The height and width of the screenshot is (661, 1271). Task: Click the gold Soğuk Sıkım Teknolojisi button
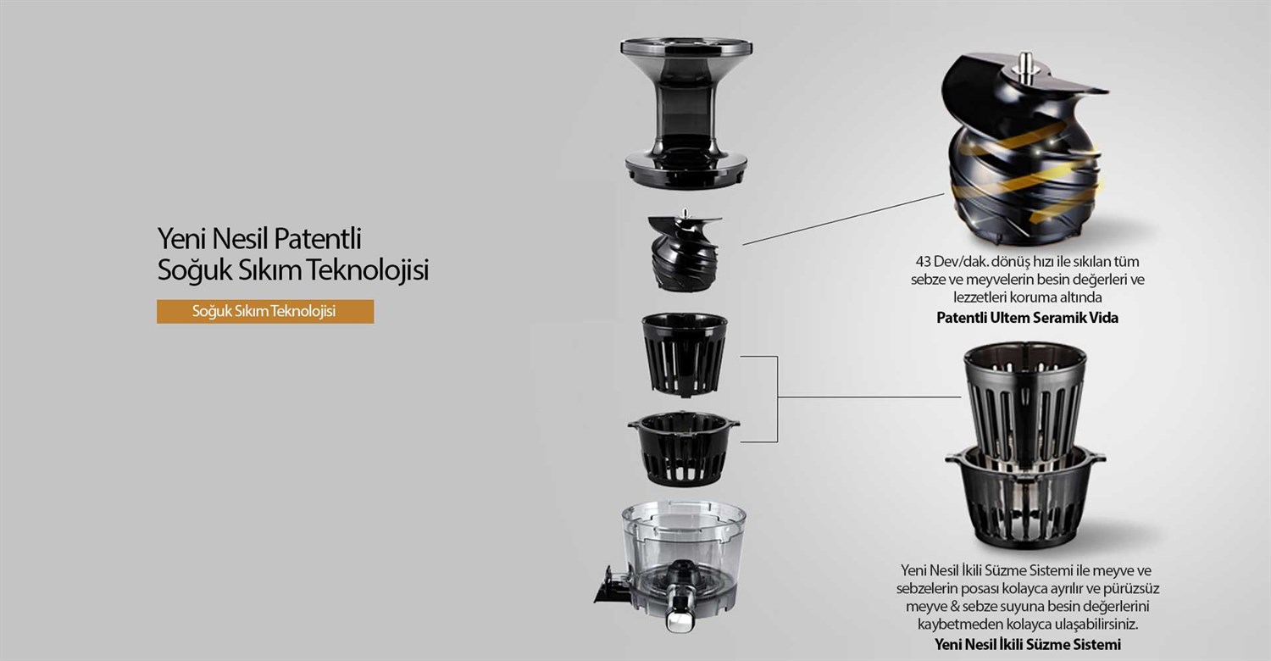pos(265,312)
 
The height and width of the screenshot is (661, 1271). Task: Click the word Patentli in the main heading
pos(318,239)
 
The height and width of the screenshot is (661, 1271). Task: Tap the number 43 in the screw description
pos(924,262)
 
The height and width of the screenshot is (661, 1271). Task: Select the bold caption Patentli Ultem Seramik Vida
pos(1027,318)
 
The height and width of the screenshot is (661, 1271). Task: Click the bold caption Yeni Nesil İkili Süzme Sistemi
pos(1027,645)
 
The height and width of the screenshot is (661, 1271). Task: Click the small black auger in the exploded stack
pos(685,251)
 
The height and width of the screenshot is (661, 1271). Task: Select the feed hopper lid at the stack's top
pos(686,113)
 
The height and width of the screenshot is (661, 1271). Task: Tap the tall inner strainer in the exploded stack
pos(685,354)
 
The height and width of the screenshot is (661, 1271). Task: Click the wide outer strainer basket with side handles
pos(683,449)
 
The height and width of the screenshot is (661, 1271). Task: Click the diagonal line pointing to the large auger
pos(843,219)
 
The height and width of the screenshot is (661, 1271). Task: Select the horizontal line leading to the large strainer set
pos(869,397)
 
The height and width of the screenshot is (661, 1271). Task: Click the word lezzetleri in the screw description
pos(980,297)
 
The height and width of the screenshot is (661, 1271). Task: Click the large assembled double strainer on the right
pos(1025,446)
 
